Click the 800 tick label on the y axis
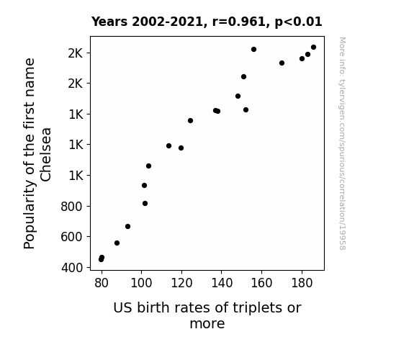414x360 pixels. (x=71, y=207)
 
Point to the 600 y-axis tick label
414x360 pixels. (x=71, y=237)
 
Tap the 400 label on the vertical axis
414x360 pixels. (x=72, y=268)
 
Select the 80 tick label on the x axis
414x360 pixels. (x=102, y=283)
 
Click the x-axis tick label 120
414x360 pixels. (x=181, y=283)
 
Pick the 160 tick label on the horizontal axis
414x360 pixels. (x=261, y=283)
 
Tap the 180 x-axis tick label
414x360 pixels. (x=302, y=283)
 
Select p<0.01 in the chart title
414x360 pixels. (x=298, y=22)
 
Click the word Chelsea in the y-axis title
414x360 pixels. (x=45, y=155)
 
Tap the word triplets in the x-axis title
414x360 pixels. (x=253, y=308)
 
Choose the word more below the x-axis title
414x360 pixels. (x=207, y=324)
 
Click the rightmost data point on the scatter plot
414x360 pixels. (x=313, y=48)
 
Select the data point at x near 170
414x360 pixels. (x=282, y=63)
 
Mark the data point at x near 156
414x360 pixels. (x=253, y=50)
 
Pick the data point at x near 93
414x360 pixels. (x=127, y=226)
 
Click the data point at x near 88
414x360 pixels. (x=117, y=243)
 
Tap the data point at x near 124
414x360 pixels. (x=190, y=121)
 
